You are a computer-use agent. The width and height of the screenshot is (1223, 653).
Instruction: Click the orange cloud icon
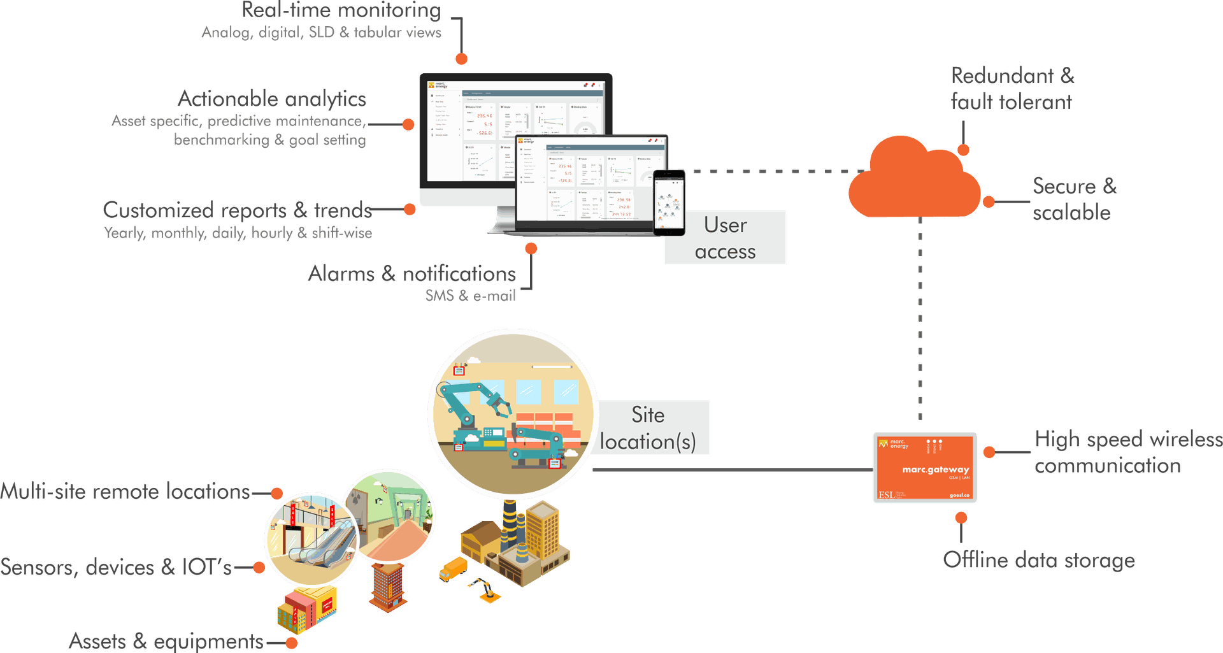[914, 182]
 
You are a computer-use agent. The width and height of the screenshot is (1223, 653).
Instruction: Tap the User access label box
[725, 238]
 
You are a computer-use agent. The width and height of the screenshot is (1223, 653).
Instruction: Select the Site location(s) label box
[648, 428]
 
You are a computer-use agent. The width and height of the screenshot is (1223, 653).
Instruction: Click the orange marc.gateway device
[925, 468]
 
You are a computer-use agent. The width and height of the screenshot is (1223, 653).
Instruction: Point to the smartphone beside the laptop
[669, 202]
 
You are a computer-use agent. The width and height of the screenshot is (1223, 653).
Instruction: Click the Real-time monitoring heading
[341, 10]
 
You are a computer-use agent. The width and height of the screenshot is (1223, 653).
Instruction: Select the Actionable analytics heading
[271, 99]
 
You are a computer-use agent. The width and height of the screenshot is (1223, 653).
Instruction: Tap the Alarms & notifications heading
[411, 274]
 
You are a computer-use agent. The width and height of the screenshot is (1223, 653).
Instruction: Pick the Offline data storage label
[1038, 560]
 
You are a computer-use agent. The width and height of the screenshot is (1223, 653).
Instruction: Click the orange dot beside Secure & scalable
[988, 203]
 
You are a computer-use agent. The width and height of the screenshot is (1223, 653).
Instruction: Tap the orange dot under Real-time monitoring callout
[462, 59]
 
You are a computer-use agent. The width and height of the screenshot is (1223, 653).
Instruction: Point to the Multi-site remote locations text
[125, 492]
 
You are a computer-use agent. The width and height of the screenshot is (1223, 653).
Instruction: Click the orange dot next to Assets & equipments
[292, 643]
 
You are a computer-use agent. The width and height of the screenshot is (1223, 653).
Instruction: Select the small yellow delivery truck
[454, 568]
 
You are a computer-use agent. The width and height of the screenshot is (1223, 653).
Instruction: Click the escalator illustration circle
[310, 538]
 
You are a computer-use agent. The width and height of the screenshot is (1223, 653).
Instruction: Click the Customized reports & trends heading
[237, 210]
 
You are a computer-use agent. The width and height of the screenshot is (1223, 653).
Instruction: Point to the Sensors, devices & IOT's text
[116, 567]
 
